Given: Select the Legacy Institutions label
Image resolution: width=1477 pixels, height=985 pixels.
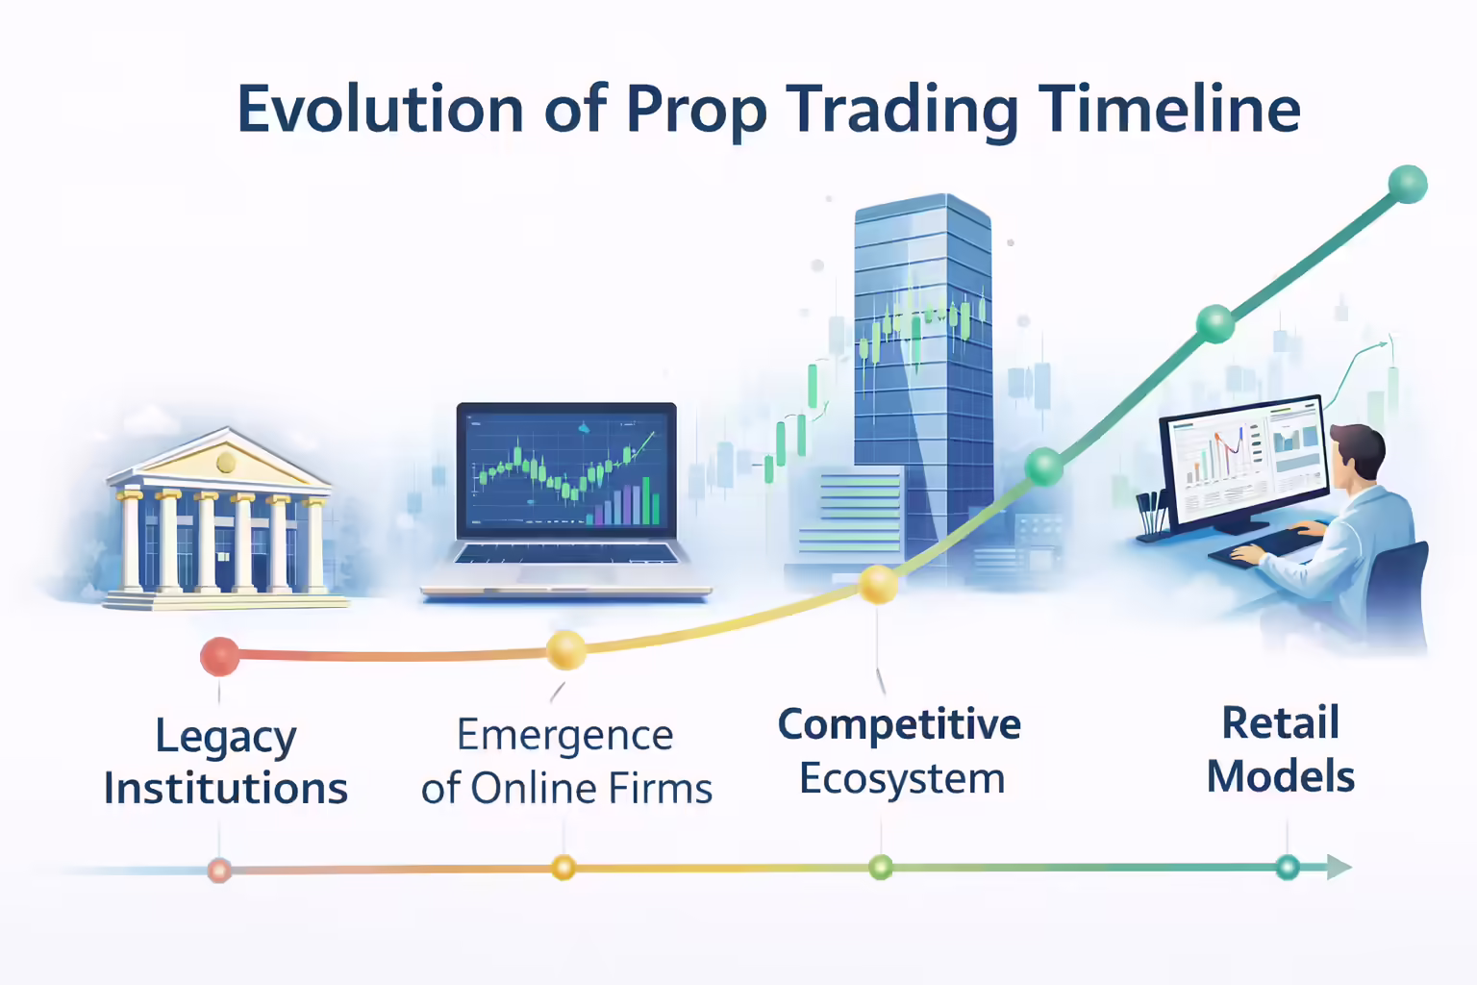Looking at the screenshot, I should tap(226, 762).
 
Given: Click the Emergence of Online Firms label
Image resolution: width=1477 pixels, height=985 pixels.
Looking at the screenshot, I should tap(566, 762).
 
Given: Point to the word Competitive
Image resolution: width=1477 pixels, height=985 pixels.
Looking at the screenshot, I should tap(899, 724).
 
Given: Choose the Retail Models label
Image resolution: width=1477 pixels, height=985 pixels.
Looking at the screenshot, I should tap(1281, 749).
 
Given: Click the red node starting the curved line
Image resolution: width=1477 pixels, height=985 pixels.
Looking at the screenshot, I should tap(219, 656).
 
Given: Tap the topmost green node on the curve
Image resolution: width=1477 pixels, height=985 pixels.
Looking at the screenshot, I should tap(1407, 184).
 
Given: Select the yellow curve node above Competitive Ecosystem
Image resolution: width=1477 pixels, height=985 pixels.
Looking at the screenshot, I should tap(878, 584).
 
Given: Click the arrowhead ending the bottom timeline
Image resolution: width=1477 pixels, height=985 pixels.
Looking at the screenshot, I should tap(1339, 867).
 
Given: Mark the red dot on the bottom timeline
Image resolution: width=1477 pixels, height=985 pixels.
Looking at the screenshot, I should tap(219, 871).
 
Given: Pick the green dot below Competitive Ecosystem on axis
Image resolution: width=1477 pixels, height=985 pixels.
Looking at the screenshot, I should tap(880, 868).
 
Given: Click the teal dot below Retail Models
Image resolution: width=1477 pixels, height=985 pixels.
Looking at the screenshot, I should tap(1287, 867).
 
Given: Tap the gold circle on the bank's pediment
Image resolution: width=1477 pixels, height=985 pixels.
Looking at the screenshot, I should tap(226, 463).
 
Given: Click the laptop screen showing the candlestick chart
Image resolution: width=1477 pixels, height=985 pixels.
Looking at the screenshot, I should tap(566, 469).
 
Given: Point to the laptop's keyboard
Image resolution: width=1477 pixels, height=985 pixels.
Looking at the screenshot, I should tap(565, 554).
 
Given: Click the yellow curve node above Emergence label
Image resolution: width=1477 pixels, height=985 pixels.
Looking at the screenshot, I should tap(565, 649).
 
